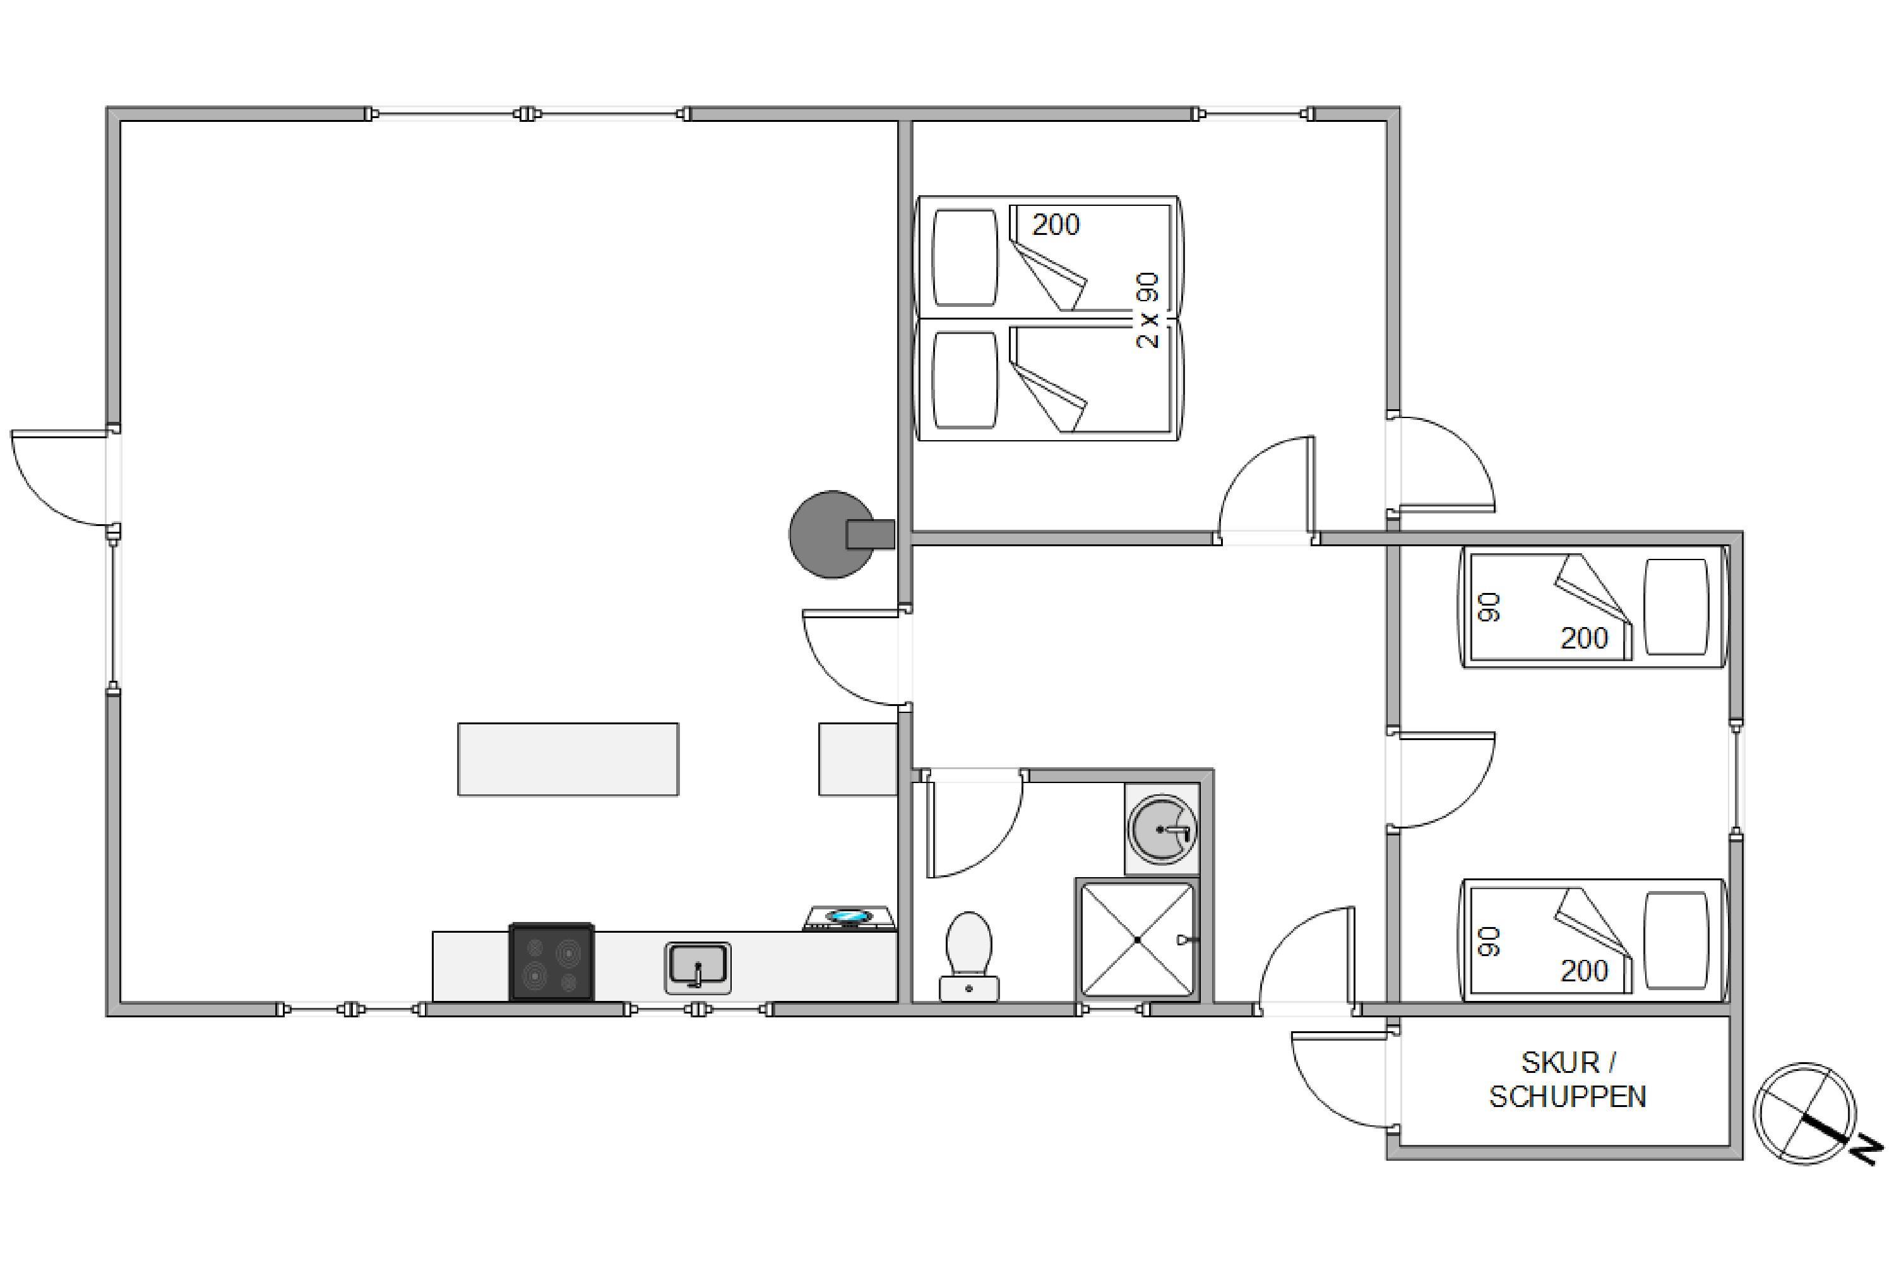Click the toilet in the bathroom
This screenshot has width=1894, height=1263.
point(968,956)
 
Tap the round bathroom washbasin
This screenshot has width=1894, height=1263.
point(1161,828)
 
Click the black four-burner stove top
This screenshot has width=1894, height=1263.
point(552,962)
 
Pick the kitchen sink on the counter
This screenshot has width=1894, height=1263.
point(698,967)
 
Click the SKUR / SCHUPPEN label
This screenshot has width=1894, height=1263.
point(1567,1079)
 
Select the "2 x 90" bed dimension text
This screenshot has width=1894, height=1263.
point(1148,311)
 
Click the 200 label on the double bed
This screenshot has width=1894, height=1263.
point(1055,225)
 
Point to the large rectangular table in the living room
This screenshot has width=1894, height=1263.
point(568,759)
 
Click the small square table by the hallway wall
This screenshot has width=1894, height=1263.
point(857,759)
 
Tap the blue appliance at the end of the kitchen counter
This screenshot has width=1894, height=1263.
point(850,918)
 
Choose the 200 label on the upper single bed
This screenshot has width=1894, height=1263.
point(1584,638)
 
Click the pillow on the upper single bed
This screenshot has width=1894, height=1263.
point(1675,606)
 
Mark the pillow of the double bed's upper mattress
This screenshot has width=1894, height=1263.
point(965,258)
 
